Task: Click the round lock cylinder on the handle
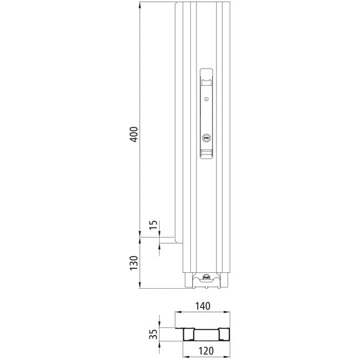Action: pos(206,139)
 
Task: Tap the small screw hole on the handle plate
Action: pos(206,100)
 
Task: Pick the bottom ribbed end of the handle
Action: pos(206,154)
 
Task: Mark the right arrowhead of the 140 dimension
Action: pos(230,313)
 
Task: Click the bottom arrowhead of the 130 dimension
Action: pos(140,287)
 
